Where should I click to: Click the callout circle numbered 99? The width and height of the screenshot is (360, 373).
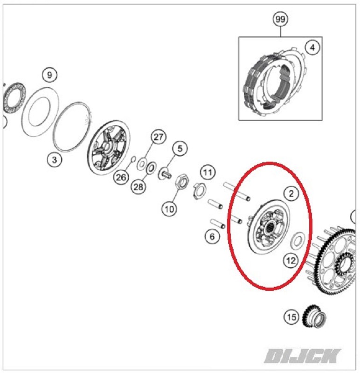click(x=280, y=19)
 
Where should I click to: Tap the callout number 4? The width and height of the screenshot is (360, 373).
click(x=312, y=48)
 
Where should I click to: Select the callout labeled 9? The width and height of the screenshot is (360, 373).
click(x=49, y=75)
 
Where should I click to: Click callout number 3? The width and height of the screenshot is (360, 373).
click(x=55, y=160)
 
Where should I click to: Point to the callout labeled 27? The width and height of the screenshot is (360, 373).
click(x=159, y=137)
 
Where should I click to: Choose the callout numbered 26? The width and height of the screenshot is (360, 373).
click(x=121, y=177)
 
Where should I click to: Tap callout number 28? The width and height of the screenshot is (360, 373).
click(x=138, y=187)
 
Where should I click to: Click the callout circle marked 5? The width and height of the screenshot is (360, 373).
click(x=180, y=148)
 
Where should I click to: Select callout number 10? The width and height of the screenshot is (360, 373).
click(x=169, y=209)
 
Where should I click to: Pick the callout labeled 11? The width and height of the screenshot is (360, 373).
click(x=208, y=172)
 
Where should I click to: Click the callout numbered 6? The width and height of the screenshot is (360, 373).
click(x=212, y=236)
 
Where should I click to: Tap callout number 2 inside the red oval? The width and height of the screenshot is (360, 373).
click(x=291, y=193)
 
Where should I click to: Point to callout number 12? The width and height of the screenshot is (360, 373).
click(x=291, y=261)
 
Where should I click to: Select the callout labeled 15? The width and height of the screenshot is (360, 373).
click(x=291, y=317)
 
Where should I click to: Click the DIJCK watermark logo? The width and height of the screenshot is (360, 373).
click(x=302, y=356)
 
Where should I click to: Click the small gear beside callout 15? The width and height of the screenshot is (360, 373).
click(x=314, y=317)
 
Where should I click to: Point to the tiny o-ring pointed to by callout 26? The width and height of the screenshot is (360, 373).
click(x=133, y=159)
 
